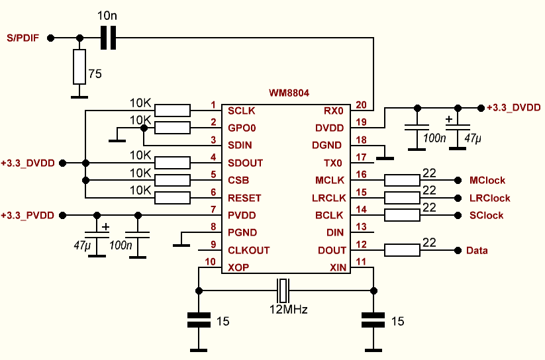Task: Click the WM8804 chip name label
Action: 289,94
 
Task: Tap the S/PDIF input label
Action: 23,38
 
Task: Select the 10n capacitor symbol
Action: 108,38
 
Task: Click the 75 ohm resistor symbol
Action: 79,67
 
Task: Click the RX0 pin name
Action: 334,110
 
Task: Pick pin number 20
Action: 360,105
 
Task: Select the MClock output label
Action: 487,180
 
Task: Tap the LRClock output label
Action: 489,198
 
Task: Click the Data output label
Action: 477,250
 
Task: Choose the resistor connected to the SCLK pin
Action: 172,110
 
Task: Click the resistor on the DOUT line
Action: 402,250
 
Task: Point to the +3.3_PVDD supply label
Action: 28,215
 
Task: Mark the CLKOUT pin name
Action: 249,250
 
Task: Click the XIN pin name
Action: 337,267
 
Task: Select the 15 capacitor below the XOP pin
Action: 198,322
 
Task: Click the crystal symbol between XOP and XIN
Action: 283,289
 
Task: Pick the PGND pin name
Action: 242,232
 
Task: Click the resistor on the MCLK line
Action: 402,180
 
